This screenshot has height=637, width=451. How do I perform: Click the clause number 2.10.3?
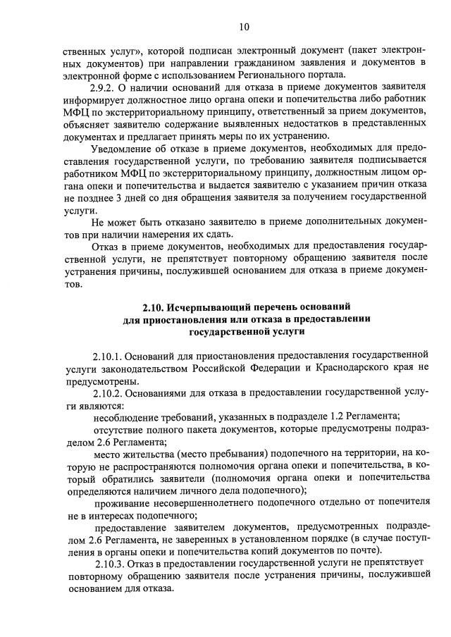(x=111, y=563)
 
